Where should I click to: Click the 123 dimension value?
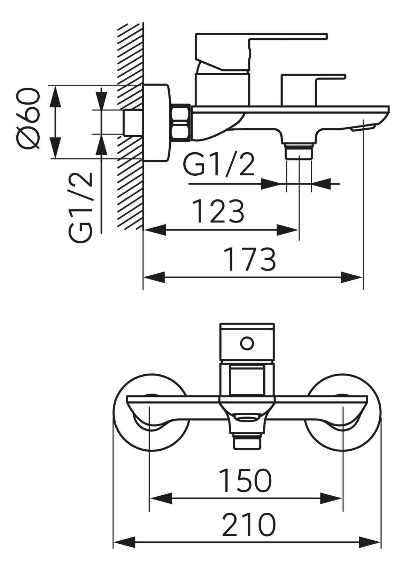(218, 212)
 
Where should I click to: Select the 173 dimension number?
(250, 260)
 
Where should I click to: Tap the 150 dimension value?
(245, 481)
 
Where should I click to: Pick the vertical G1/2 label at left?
(81, 208)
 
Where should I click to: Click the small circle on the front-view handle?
(247, 344)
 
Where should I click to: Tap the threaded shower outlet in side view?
(299, 152)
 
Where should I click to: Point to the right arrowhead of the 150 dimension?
(331, 499)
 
